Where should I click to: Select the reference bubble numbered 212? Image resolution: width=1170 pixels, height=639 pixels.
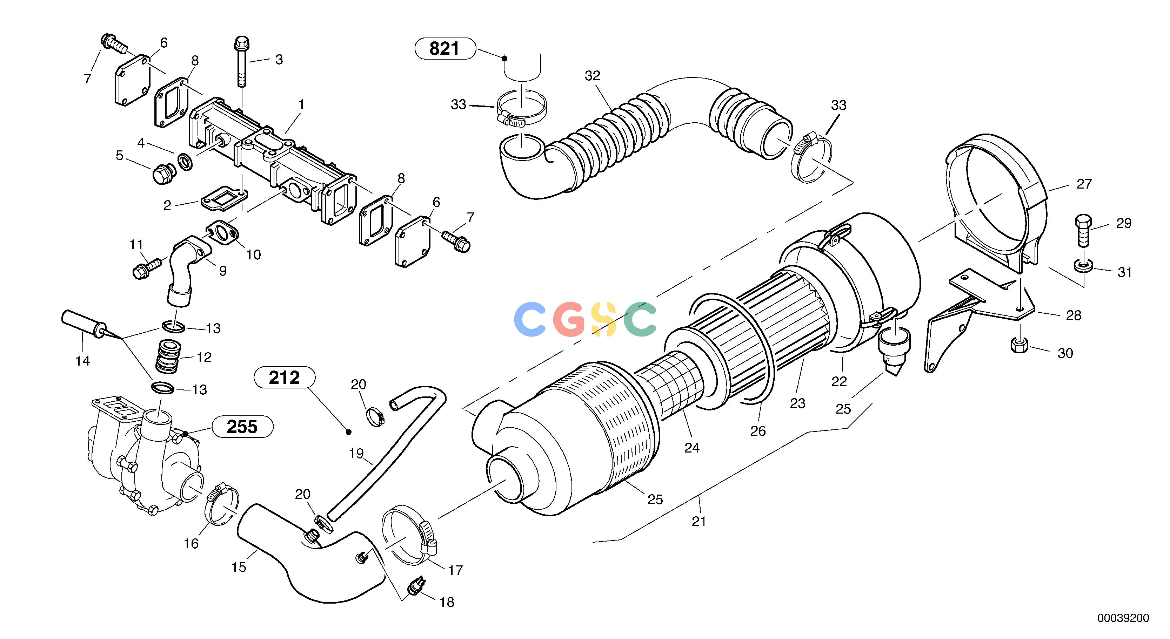pyautogui.click(x=284, y=378)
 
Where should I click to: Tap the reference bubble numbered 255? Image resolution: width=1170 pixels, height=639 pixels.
pyautogui.click(x=242, y=427)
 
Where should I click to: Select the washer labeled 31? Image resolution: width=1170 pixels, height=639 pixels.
pyautogui.click(x=1083, y=266)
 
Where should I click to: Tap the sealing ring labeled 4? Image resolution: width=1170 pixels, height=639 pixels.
pyautogui.click(x=185, y=162)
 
